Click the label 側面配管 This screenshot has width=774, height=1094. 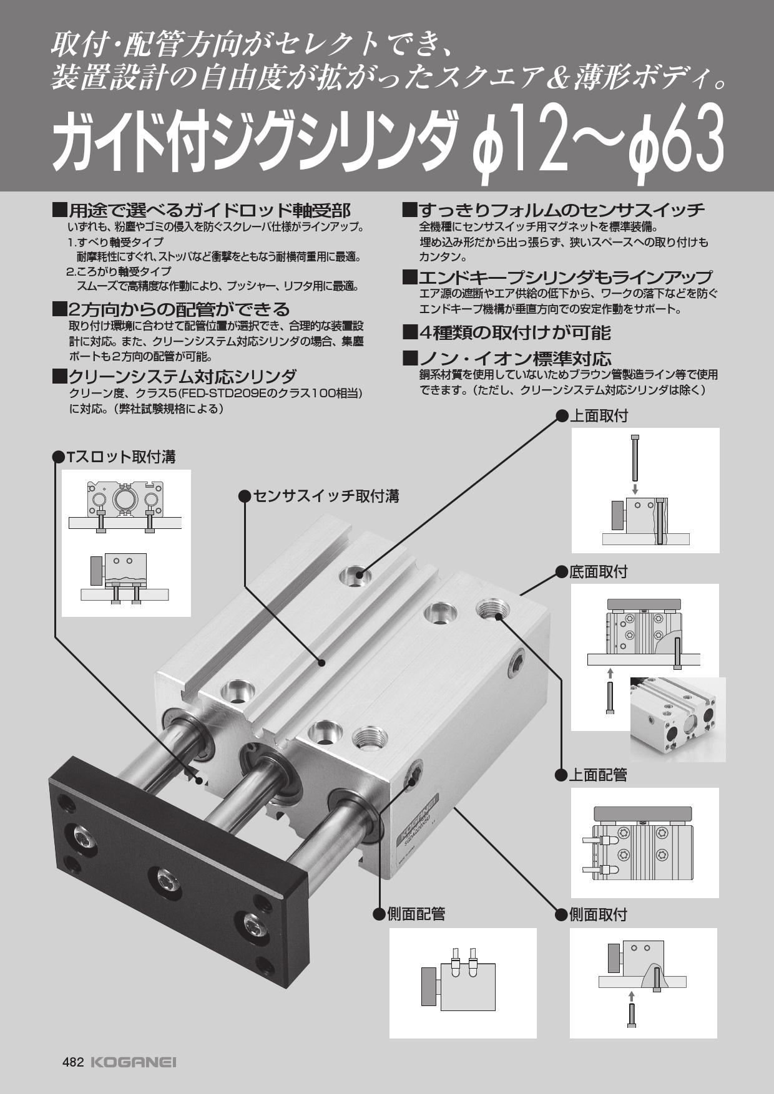[416, 915]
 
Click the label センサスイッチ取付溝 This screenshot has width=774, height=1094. [326, 496]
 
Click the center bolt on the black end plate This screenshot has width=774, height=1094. [165, 880]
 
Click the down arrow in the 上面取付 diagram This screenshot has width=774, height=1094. [635, 488]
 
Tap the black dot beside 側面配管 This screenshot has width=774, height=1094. [378, 915]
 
